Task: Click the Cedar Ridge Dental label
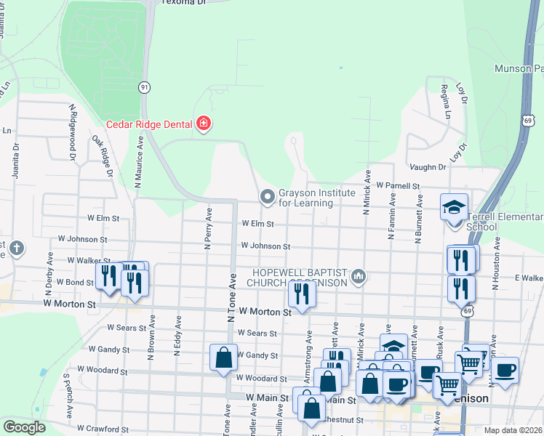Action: click(148, 124)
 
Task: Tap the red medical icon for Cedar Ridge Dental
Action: click(203, 124)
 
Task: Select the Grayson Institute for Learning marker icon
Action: click(268, 196)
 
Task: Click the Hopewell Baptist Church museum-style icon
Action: click(358, 276)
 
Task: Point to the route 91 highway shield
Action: click(145, 86)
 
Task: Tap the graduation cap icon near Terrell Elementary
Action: click(454, 206)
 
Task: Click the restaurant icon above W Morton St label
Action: click(300, 293)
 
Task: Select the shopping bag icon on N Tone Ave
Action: click(223, 358)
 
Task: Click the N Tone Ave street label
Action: click(232, 298)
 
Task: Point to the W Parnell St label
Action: click(399, 186)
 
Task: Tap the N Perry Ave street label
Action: click(208, 229)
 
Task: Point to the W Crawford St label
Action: click(103, 429)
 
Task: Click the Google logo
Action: click(24, 427)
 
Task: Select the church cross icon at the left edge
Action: click(16, 249)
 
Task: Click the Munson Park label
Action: click(518, 69)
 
